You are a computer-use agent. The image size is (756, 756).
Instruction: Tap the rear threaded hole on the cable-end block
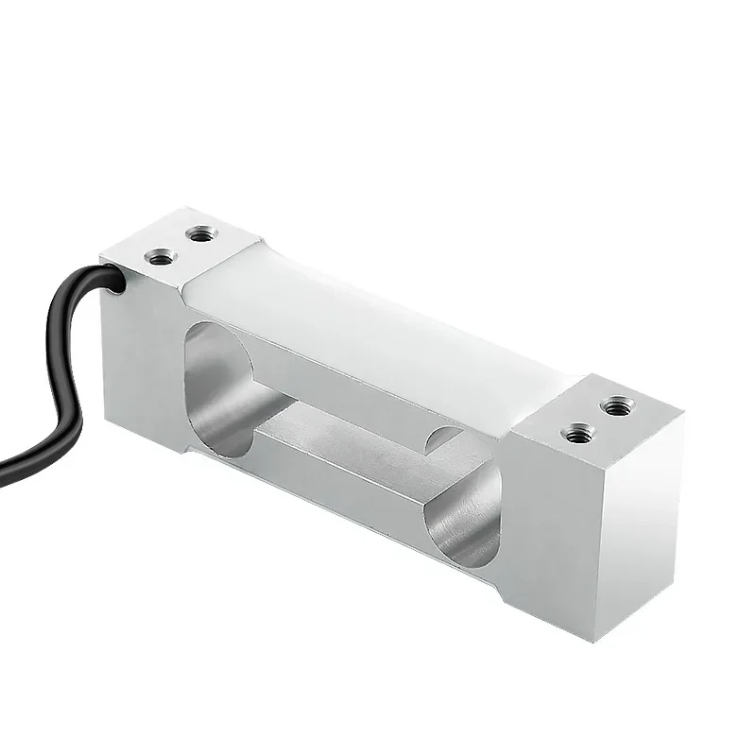(x=198, y=232)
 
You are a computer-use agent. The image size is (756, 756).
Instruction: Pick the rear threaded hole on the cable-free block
(x=619, y=406)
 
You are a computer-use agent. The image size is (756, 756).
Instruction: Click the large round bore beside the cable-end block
(x=219, y=378)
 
